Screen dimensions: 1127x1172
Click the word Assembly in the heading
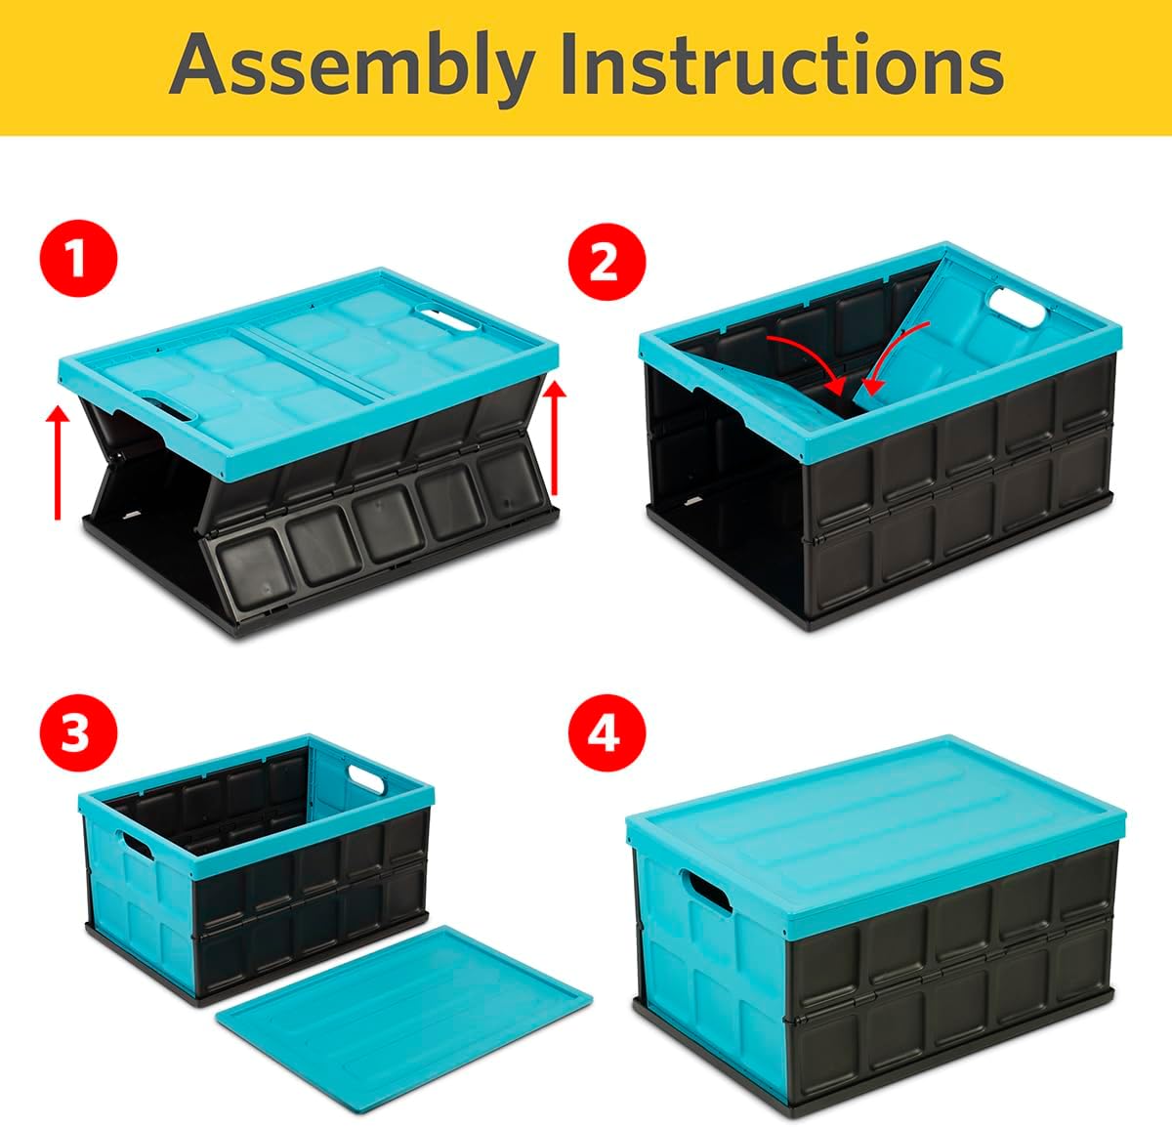[x=351, y=66]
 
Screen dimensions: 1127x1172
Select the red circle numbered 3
[x=78, y=732]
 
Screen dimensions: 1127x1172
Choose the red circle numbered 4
[x=606, y=732]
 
